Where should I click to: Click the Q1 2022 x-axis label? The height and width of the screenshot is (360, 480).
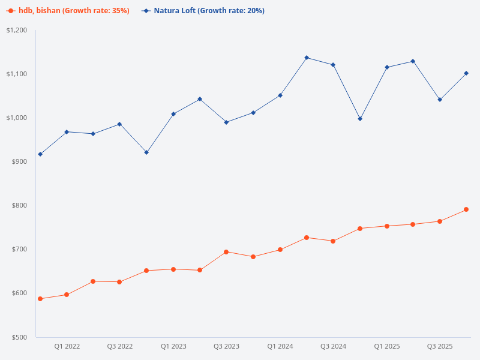click(x=67, y=347)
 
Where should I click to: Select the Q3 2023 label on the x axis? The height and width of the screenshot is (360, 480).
click(x=226, y=347)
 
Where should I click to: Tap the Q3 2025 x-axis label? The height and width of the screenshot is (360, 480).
click(x=440, y=347)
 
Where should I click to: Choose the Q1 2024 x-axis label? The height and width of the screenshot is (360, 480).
click(x=280, y=347)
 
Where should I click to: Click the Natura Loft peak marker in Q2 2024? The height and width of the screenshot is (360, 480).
click(x=307, y=58)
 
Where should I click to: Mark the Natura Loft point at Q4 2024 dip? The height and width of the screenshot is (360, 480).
click(x=360, y=119)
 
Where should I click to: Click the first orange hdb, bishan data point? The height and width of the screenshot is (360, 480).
click(x=40, y=299)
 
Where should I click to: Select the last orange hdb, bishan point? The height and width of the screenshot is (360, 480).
click(x=466, y=209)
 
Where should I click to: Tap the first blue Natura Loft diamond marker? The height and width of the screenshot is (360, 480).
click(x=40, y=154)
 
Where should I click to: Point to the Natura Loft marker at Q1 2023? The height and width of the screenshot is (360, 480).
click(x=173, y=114)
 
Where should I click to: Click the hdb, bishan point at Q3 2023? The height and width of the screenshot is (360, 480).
click(x=226, y=252)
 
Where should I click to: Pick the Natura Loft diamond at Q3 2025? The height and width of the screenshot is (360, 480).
click(x=440, y=100)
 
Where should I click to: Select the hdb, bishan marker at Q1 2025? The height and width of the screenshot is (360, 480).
click(x=387, y=226)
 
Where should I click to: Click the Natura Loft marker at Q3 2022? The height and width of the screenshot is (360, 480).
click(x=119, y=124)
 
